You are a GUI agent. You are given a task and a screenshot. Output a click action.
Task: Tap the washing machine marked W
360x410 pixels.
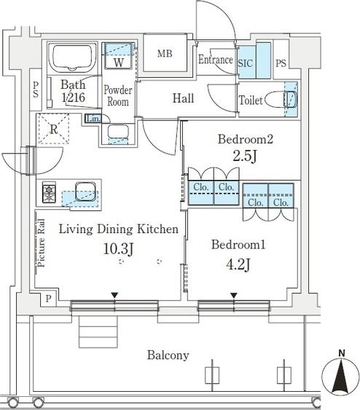click(x=119, y=55)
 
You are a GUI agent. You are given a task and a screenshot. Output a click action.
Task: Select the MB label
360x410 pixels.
click(x=165, y=54)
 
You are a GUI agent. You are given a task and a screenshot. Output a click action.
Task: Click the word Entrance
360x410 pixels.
click(x=215, y=60)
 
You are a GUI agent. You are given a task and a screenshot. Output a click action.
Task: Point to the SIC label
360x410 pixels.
click(x=246, y=63)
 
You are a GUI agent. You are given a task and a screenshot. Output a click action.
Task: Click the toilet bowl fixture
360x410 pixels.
click(x=281, y=100)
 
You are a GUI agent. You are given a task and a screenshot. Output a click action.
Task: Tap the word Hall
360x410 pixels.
click(x=184, y=98)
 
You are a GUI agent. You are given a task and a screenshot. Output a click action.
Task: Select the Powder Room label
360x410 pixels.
click(x=118, y=95)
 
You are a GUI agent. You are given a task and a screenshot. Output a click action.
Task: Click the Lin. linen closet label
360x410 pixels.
click(x=93, y=119)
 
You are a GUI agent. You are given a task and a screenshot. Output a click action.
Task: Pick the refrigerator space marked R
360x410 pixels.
click(x=54, y=128)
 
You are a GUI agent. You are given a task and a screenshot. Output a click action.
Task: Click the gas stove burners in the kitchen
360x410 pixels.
click(x=49, y=193)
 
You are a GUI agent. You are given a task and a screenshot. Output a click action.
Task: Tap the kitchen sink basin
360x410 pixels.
click(x=85, y=192)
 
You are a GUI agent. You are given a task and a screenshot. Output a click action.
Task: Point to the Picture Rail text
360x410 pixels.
click(x=42, y=243)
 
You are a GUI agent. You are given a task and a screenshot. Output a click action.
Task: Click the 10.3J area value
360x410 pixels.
click(x=119, y=248)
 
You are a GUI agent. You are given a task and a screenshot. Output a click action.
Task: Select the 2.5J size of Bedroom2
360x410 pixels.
click(x=245, y=157)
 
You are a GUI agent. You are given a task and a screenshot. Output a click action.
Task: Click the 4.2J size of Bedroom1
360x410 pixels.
click(x=238, y=264)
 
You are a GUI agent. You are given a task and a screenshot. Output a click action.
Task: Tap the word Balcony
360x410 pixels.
click(x=168, y=355)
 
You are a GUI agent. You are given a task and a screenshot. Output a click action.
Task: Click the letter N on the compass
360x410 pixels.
click(x=342, y=353)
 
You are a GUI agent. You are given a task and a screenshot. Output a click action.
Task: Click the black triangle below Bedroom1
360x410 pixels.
click(x=234, y=296)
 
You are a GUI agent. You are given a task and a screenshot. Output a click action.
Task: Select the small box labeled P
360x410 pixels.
click(x=48, y=299)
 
